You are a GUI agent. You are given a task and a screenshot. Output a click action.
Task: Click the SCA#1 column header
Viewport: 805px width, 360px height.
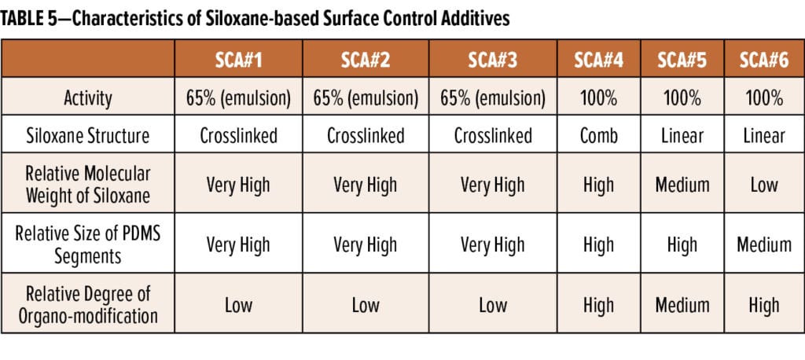(x=238, y=61)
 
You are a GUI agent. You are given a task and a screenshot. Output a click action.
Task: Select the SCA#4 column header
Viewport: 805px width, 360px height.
(x=598, y=61)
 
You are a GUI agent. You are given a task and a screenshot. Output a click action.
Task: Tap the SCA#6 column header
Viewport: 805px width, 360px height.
(x=764, y=61)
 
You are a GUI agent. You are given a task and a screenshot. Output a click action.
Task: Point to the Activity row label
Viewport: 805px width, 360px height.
(x=88, y=98)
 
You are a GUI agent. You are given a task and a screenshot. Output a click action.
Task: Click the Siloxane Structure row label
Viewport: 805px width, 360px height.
(x=88, y=135)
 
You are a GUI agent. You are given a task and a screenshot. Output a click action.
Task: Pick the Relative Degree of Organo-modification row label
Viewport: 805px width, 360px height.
(x=88, y=305)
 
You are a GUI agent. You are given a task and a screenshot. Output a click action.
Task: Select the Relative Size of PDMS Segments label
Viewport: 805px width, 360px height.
(x=88, y=244)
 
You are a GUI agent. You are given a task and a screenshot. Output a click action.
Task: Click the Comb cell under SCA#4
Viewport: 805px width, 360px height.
(x=598, y=135)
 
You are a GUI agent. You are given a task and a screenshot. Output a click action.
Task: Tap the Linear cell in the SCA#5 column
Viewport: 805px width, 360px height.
(x=682, y=135)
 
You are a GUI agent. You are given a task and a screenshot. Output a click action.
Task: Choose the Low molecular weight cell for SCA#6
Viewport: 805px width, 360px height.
(x=764, y=185)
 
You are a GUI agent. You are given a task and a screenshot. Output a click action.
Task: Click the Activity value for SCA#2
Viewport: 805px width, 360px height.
(x=366, y=98)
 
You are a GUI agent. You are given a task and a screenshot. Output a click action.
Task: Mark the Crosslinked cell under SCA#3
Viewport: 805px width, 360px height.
(x=493, y=135)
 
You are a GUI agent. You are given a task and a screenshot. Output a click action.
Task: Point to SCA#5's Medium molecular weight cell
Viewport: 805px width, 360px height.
(x=682, y=185)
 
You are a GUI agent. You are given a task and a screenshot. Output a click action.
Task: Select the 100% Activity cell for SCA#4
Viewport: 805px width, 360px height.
(x=598, y=98)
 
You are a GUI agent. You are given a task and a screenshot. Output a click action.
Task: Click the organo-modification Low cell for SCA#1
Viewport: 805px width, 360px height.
(x=238, y=305)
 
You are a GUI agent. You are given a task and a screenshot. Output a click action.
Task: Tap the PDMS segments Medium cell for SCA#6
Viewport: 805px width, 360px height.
(x=764, y=244)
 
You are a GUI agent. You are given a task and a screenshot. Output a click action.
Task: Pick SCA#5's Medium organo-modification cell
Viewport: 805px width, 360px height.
(x=682, y=305)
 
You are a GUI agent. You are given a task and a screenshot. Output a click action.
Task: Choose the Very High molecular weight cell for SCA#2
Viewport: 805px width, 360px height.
(x=366, y=185)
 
